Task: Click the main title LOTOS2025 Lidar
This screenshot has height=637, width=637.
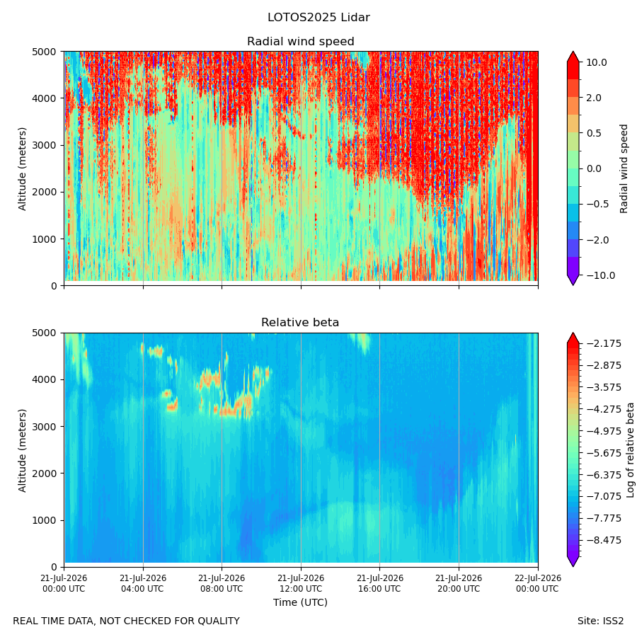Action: (318, 18)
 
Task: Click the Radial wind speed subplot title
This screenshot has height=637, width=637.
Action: (301, 42)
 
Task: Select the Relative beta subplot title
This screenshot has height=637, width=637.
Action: (300, 323)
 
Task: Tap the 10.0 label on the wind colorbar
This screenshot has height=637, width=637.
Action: (597, 62)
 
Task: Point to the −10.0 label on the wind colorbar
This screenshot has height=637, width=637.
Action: (600, 275)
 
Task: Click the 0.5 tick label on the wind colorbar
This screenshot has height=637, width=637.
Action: (594, 134)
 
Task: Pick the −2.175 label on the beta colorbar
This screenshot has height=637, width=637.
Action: (604, 344)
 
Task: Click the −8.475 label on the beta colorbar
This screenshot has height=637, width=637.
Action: (604, 540)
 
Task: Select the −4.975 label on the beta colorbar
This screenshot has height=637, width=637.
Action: (604, 431)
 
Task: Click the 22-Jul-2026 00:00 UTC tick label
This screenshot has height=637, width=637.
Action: (539, 583)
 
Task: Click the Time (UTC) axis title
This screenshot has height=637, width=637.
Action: (300, 602)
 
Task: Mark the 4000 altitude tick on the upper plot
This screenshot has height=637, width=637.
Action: (45, 98)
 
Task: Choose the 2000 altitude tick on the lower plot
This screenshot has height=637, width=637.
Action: (45, 474)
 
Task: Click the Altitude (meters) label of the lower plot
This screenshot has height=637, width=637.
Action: (23, 450)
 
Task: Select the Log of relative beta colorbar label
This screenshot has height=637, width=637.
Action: (630, 450)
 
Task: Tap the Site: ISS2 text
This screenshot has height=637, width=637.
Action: (600, 621)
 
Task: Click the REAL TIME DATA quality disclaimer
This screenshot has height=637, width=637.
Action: (127, 621)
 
